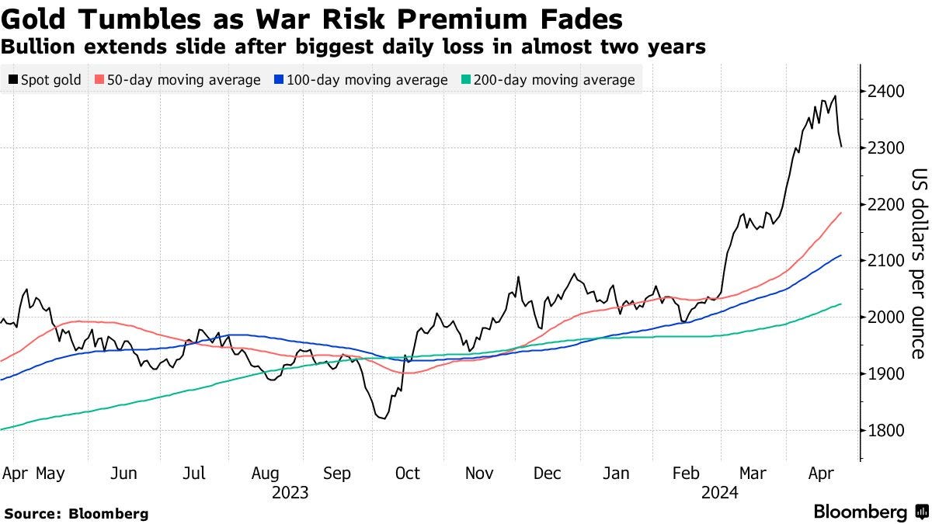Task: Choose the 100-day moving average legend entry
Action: click(363, 80)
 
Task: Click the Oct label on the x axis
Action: click(407, 474)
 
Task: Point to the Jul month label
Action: click(194, 474)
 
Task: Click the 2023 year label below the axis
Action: click(290, 492)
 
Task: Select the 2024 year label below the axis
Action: click(720, 492)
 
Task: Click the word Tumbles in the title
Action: click(137, 17)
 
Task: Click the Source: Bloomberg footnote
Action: click(75, 513)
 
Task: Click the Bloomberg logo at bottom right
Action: click(870, 512)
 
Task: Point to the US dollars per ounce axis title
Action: click(919, 264)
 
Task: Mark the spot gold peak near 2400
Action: click(835, 96)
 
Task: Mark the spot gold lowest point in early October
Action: click(382, 419)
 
